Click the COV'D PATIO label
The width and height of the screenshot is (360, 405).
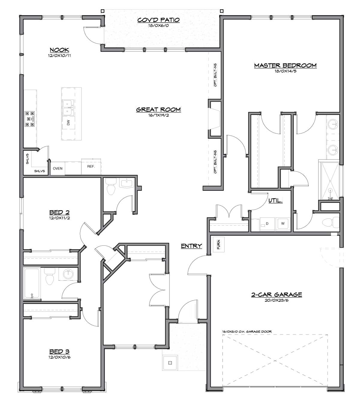(158, 20)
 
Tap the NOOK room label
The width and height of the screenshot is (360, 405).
(59, 50)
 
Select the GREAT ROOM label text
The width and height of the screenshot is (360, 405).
(158, 109)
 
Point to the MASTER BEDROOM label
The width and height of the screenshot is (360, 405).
(285, 65)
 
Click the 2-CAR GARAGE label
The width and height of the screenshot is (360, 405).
(276, 295)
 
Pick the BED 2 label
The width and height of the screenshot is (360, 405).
(59, 212)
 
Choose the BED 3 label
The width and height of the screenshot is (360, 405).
(59, 351)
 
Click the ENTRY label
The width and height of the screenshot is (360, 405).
(191, 246)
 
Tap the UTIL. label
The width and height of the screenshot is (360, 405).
(275, 200)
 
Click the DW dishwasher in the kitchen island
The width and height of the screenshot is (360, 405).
(68, 122)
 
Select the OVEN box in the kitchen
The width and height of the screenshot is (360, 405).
(58, 169)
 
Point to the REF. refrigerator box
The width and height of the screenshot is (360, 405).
(91, 166)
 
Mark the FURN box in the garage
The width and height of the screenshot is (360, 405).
(219, 244)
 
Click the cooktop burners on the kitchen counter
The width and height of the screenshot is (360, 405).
(30, 119)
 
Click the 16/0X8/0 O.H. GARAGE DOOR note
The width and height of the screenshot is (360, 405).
(247, 331)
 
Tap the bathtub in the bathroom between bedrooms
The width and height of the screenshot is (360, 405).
(32, 283)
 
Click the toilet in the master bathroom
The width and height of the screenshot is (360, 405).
(331, 222)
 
